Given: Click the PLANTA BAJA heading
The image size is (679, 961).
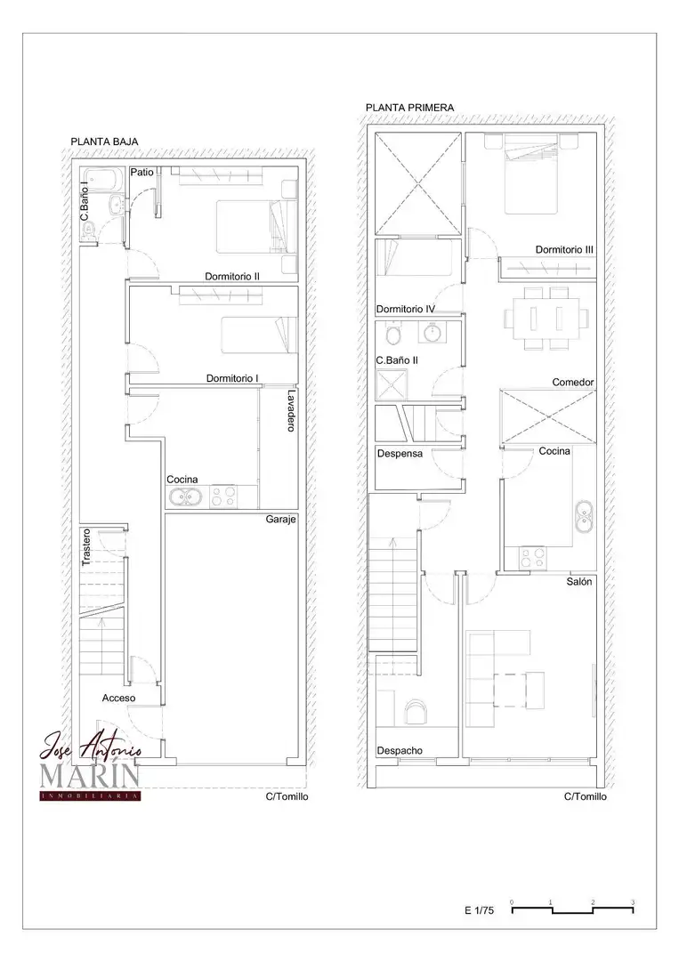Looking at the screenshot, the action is (x=104, y=141).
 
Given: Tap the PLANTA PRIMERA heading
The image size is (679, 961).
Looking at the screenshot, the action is (x=410, y=108).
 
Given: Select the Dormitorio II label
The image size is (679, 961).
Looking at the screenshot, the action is (x=231, y=277).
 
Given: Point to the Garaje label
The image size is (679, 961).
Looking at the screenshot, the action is (x=280, y=519).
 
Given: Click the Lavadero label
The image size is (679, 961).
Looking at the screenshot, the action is (x=291, y=410).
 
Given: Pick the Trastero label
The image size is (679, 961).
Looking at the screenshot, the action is (x=85, y=546).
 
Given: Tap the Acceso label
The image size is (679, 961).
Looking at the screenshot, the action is (x=119, y=699).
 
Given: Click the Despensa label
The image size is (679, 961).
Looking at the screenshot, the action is (x=400, y=454).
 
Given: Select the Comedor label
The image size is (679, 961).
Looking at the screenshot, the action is (x=573, y=383).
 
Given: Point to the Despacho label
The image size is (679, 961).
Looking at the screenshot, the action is (x=400, y=751).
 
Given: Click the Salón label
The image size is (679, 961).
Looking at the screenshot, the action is (x=579, y=582).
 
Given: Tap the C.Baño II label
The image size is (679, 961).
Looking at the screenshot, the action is (x=397, y=360).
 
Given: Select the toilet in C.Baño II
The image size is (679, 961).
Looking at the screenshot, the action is (x=393, y=335).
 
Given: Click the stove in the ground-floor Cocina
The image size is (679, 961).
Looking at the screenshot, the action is (x=223, y=497).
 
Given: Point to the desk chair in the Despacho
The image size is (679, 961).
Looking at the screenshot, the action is (x=416, y=713).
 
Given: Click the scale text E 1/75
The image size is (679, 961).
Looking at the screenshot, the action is (x=480, y=911).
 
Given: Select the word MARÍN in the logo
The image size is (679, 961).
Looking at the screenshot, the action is (x=90, y=775).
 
